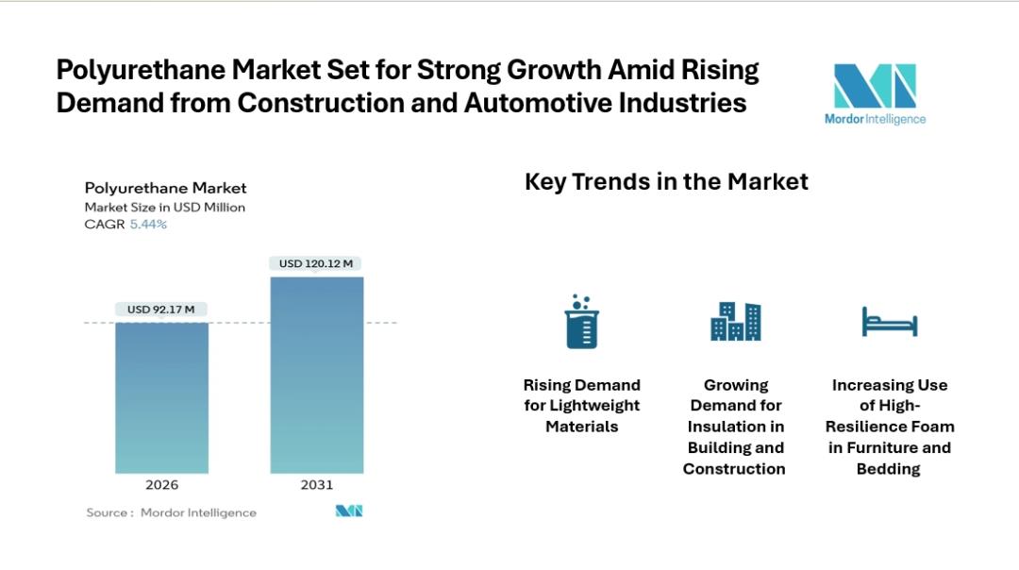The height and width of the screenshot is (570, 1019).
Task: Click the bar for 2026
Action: pyautogui.click(x=161, y=397)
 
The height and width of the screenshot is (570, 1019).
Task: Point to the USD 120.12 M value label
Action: pyautogui.click(x=316, y=263)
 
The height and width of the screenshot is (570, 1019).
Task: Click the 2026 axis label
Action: pyautogui.click(x=161, y=485)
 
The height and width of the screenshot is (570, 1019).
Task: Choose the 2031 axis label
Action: pyautogui.click(x=316, y=485)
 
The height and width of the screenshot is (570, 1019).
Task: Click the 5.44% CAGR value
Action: pyautogui.click(x=148, y=225)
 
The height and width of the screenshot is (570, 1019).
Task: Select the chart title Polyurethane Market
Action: pyautogui.click(x=165, y=188)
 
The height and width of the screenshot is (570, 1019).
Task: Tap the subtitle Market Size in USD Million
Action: pyautogui.click(x=164, y=207)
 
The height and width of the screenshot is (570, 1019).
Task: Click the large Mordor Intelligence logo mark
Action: pyautogui.click(x=875, y=86)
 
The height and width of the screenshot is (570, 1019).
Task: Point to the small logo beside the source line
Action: pyautogui.click(x=349, y=511)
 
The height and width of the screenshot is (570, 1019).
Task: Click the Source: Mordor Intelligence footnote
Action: pyautogui.click(x=171, y=512)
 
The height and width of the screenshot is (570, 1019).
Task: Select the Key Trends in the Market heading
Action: pyautogui.click(x=666, y=181)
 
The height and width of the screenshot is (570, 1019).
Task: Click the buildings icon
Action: pyautogui.click(x=735, y=322)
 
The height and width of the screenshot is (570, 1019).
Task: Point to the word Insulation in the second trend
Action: pyautogui.click(x=735, y=427)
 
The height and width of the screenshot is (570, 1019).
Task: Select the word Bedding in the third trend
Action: pyautogui.click(x=888, y=469)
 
